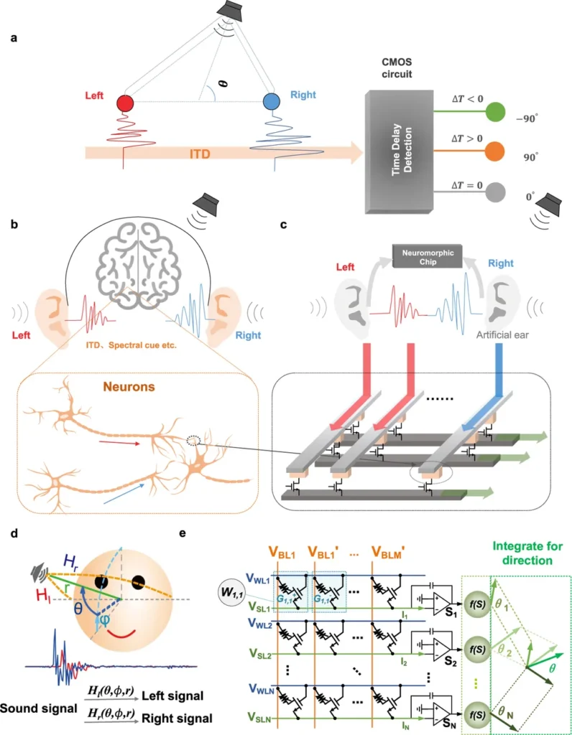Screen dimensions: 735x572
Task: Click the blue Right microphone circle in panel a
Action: [x=270, y=101]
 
